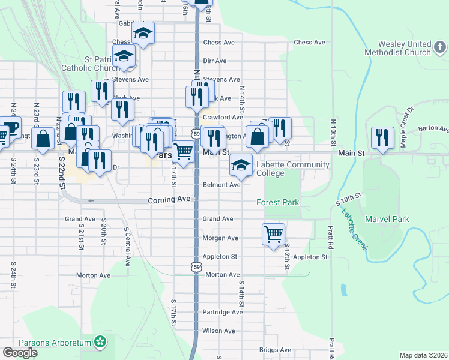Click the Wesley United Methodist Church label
(x=405, y=49)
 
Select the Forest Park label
(x=278, y=202)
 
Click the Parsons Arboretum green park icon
(x=100, y=343)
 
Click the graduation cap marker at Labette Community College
(x=241, y=165)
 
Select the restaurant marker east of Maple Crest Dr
(x=382, y=137)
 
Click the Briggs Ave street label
(x=275, y=350)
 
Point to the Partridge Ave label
(x=222, y=312)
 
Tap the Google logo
(x=20, y=352)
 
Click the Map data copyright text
(x=423, y=355)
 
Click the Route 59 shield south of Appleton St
(x=196, y=266)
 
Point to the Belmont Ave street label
(x=222, y=185)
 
